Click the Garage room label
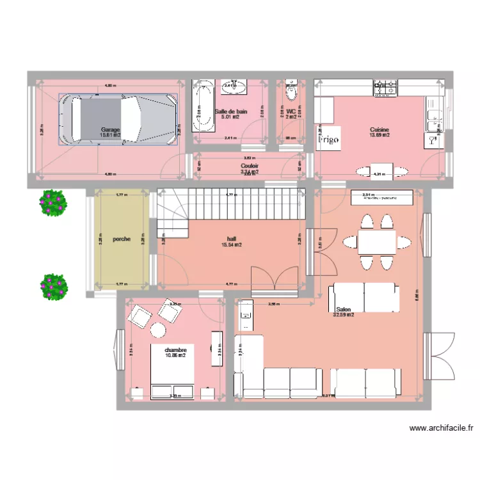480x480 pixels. pos(110,130)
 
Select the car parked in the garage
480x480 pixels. pos(118,119)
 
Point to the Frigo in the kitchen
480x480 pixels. pos(329,139)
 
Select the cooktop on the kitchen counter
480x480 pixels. pos(386,90)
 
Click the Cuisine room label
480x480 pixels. pos(379,129)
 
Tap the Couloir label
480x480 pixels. pos(250,165)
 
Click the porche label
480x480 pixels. pos(122,239)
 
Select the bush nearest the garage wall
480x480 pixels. pos(53,202)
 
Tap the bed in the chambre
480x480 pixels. pos(173,372)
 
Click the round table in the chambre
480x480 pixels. pos(157,330)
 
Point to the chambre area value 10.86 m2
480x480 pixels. pos(175,356)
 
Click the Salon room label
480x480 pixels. pos(343,308)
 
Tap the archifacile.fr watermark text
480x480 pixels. pos(441,429)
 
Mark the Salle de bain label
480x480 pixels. pos(231,111)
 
